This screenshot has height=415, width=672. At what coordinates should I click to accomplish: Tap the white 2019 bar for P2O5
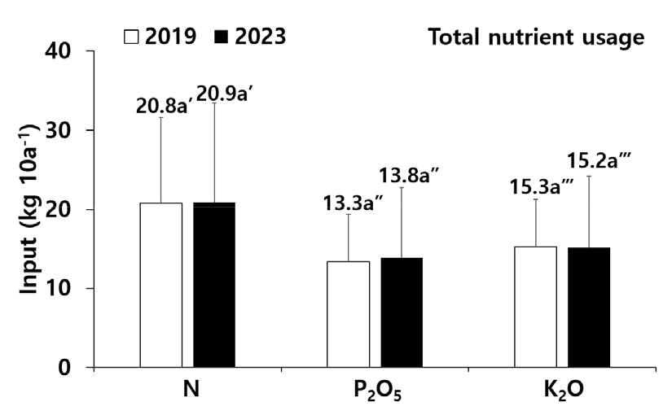[348, 314]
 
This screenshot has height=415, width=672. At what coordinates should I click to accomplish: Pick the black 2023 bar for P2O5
[402, 312]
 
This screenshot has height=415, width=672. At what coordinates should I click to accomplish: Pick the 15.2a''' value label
[598, 163]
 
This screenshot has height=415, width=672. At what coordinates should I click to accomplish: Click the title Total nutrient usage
[536, 37]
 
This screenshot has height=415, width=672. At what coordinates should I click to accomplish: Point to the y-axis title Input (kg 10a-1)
[31, 209]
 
